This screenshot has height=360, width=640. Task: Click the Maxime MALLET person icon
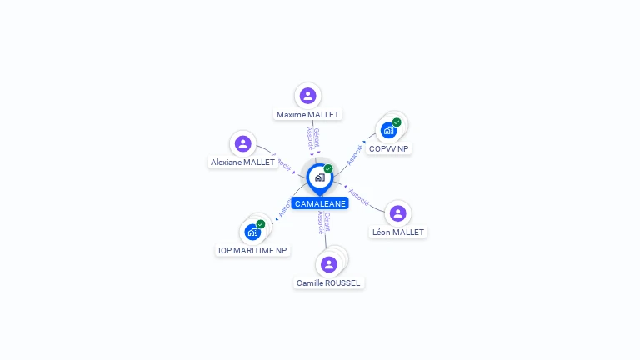307,96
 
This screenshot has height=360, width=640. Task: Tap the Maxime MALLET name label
307,114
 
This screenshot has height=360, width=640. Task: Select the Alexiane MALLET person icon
242,144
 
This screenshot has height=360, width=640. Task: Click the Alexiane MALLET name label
242,162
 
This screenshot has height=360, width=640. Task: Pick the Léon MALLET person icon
397,213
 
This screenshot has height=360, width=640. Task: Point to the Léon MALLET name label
397,232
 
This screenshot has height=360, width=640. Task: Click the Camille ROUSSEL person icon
329,264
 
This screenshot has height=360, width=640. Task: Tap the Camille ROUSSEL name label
329,282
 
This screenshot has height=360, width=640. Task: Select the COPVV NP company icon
388,130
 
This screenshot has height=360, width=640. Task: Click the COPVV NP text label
389,148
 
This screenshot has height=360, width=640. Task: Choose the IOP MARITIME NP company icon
252,232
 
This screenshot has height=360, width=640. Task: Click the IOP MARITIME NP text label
252,250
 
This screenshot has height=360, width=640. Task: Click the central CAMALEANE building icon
319,177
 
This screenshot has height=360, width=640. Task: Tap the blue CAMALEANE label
320,203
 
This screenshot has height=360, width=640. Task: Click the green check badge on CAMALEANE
328,169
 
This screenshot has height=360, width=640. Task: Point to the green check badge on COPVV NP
397,122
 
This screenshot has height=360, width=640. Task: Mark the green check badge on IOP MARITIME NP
261,224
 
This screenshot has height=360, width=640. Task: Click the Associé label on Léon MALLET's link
359,197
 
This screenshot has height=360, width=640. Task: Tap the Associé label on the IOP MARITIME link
284,208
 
